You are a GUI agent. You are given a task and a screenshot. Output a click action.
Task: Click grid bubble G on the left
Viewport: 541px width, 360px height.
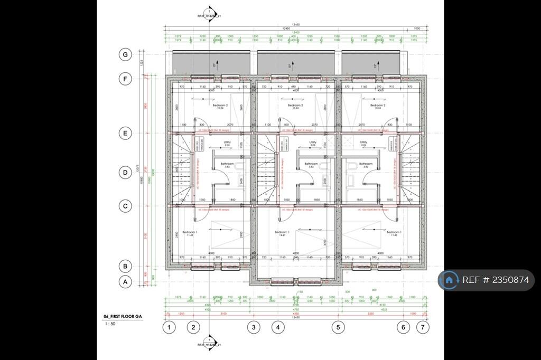click(x=125, y=54)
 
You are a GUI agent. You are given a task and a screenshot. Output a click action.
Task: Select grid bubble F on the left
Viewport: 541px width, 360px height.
click(x=125, y=79)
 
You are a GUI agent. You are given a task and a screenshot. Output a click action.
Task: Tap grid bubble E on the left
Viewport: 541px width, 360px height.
click(x=125, y=133)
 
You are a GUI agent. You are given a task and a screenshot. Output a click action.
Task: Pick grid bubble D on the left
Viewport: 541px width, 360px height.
click(x=125, y=172)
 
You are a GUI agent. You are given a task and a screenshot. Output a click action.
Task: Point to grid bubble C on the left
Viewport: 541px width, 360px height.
click(x=125, y=206)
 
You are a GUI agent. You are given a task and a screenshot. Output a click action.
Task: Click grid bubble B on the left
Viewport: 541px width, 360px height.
click(x=125, y=266)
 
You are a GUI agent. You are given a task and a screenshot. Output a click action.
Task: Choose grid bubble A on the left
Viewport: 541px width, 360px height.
click(x=125, y=282)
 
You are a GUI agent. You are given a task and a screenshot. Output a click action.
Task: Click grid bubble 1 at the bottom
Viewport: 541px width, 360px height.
click(x=169, y=327)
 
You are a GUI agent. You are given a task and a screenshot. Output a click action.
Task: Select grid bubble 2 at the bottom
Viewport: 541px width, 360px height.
click(x=193, y=327)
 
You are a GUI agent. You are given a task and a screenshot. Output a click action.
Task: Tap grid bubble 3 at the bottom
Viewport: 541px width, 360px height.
click(x=254, y=327)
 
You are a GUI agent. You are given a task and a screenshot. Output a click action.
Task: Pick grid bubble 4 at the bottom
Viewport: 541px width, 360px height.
click(x=278, y=327)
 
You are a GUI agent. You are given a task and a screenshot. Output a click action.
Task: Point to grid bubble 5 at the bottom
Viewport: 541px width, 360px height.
click(x=338, y=327)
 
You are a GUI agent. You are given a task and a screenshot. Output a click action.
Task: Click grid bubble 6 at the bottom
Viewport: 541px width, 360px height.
click(x=404, y=327)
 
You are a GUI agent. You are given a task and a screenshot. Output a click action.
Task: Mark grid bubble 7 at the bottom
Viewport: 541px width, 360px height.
click(x=422, y=327)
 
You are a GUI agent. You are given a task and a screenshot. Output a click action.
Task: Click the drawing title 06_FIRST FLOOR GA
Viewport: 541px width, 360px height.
click(x=123, y=317)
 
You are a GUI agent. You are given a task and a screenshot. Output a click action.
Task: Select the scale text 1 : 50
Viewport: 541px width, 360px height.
click(x=109, y=324)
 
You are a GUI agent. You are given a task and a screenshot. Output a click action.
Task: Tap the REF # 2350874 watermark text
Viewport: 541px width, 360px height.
click(x=495, y=280)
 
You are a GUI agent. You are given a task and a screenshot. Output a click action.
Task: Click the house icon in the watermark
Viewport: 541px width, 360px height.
click(x=449, y=280)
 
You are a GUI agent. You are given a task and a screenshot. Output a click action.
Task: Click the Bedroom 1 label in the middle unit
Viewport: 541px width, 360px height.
click(x=282, y=232)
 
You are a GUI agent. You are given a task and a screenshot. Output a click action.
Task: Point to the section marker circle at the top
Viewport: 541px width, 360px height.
click(x=210, y=12)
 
